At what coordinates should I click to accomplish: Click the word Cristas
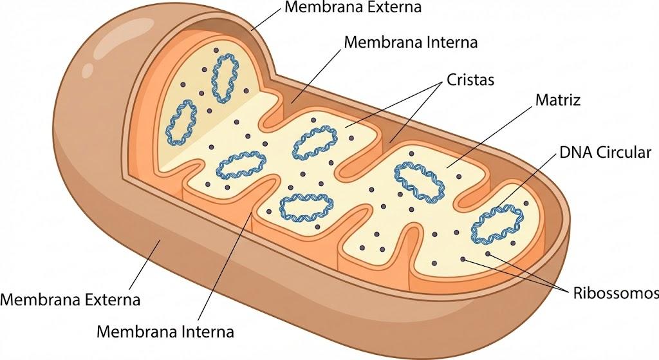470,79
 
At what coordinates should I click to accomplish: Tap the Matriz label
558,100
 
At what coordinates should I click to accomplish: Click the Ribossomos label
616,293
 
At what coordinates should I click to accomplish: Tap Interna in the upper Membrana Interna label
451,43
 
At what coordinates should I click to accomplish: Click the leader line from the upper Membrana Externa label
266,19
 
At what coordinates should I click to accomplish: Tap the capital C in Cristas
451,79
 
